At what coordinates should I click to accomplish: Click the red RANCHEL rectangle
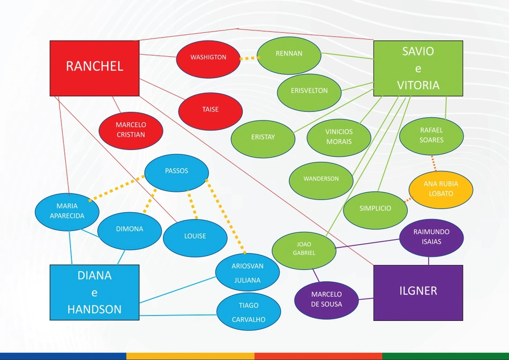pos(94,68)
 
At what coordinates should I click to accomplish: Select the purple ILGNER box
pos(418,293)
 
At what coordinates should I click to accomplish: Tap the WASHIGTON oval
pos(208,59)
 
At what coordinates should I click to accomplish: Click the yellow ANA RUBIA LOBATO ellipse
pos(441,190)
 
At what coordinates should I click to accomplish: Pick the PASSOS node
pos(177,172)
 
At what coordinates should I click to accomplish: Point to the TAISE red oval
pos(211,111)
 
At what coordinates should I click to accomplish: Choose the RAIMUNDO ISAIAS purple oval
pos(431,238)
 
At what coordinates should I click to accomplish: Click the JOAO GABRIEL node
pos(304,251)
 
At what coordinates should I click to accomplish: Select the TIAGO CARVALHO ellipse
pos(249,312)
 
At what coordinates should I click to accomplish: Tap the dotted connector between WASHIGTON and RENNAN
pos(249,58)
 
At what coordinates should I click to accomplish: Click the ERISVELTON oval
pos(309,93)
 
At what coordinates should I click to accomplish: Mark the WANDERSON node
pos(321,181)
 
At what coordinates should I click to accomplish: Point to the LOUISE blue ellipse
pos(195,238)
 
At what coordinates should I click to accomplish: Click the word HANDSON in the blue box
pos(94,309)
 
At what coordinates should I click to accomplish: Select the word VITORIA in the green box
pos(418,85)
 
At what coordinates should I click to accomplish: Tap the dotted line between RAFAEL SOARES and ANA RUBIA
pos(433,163)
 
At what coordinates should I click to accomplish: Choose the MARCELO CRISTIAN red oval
pos(131,131)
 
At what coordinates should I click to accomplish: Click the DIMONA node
pos(130,231)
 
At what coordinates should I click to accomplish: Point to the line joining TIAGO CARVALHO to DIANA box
pos(178,315)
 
